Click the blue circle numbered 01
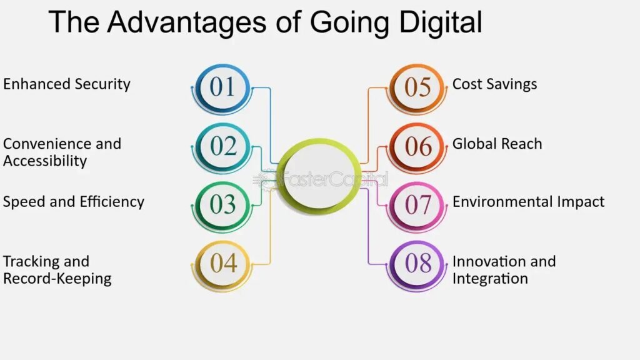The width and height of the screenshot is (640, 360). tap(222, 87)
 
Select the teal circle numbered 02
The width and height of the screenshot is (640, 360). tap(222, 146)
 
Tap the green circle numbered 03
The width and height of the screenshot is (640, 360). tap(222, 204)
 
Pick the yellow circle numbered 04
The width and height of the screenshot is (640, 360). tap(222, 263)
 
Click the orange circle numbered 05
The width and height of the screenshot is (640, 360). tap(417, 87)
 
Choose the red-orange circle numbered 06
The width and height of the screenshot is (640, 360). tap(417, 146)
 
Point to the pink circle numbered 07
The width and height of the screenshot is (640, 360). tap(417, 204)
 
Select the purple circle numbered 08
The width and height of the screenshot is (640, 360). tap(417, 263)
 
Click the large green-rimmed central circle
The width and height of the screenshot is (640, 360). tap(319, 176)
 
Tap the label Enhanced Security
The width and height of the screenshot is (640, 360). tap(67, 84)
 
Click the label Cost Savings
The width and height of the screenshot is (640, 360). tap(495, 84)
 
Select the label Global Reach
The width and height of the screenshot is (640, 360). tap(497, 144)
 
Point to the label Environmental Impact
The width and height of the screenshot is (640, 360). tap(529, 202)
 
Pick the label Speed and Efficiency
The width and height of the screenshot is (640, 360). tap(74, 202)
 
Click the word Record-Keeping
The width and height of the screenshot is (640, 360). tap(57, 279)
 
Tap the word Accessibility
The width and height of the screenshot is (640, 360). tap(45, 161)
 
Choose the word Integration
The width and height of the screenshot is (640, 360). tap(490, 279)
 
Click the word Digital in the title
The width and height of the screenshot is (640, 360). tap(441, 23)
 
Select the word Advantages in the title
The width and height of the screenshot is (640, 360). tap(187, 23)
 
